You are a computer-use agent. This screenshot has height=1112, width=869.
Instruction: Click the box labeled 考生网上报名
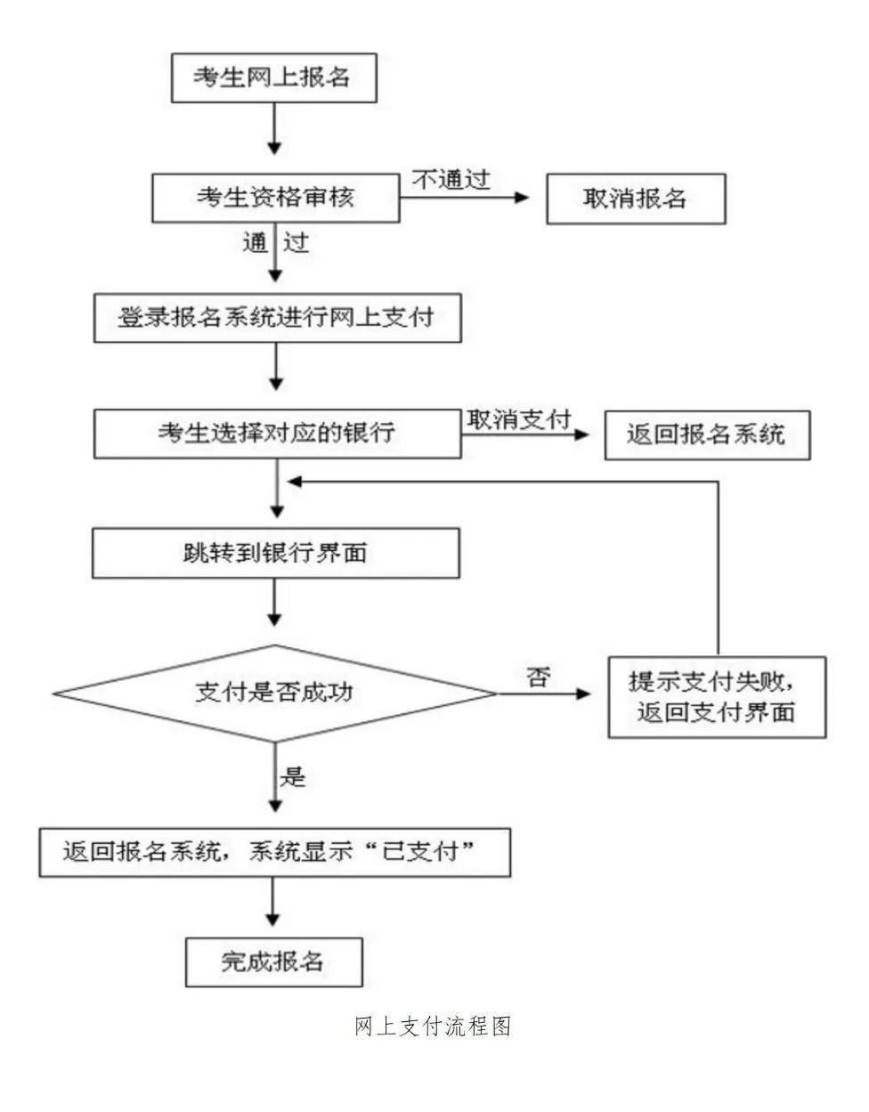coord(274,78)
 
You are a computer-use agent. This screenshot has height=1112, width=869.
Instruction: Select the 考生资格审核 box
coord(275,197)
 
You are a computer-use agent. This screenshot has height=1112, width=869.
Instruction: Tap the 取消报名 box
coord(635,198)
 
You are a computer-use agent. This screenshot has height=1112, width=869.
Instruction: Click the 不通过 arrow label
coord(451,179)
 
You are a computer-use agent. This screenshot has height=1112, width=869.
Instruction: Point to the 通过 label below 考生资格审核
coord(275,241)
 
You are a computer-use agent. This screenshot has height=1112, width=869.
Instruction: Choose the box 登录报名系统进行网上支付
coord(277,317)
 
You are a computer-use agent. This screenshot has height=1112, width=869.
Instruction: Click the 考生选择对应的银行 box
coord(277,434)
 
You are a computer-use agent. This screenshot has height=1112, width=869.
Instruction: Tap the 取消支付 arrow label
coord(518,419)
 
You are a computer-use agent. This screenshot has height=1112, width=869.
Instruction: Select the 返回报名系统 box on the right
coord(707,434)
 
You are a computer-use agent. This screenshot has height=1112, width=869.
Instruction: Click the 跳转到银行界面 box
coord(276,553)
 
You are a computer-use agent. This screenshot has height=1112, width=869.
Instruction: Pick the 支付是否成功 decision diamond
coord(274,693)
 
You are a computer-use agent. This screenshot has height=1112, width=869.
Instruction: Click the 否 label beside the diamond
coord(538,678)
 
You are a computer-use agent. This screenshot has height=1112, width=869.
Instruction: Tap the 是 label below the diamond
coord(293,776)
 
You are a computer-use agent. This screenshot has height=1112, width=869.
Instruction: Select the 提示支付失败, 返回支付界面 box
coord(717,696)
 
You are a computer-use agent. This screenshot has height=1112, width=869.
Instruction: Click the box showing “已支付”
coord(275,852)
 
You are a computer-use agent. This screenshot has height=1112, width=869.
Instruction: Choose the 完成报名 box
coord(273,962)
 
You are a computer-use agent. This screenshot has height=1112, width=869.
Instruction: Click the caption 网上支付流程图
coord(433,1027)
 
